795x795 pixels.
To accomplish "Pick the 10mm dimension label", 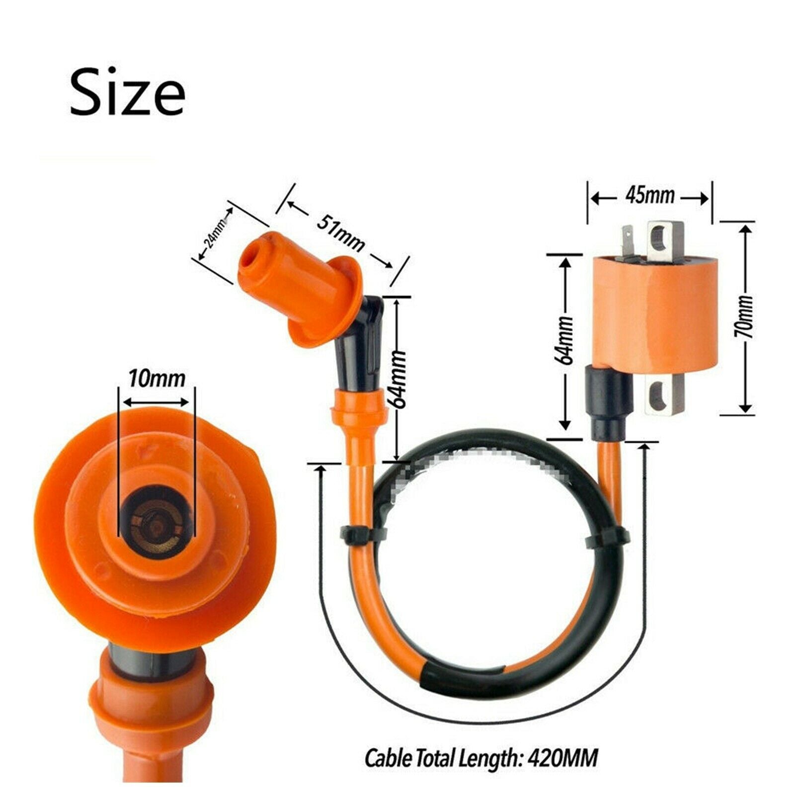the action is (157, 379).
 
